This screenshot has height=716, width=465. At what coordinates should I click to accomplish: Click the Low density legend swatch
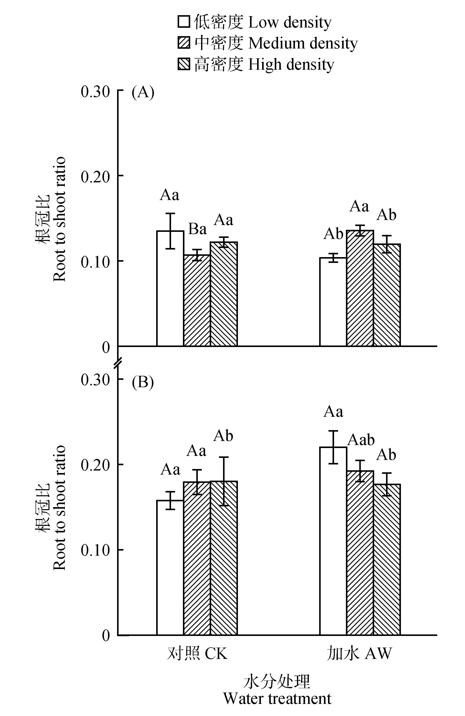point(184,22)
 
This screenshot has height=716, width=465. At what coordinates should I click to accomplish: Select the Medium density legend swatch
point(184,43)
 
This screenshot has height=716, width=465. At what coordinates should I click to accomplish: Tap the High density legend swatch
point(184,64)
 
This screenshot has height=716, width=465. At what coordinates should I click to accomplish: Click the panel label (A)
point(143,92)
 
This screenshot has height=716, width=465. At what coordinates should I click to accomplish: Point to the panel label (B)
point(143,382)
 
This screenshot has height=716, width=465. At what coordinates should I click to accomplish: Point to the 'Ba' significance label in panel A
point(198,229)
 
